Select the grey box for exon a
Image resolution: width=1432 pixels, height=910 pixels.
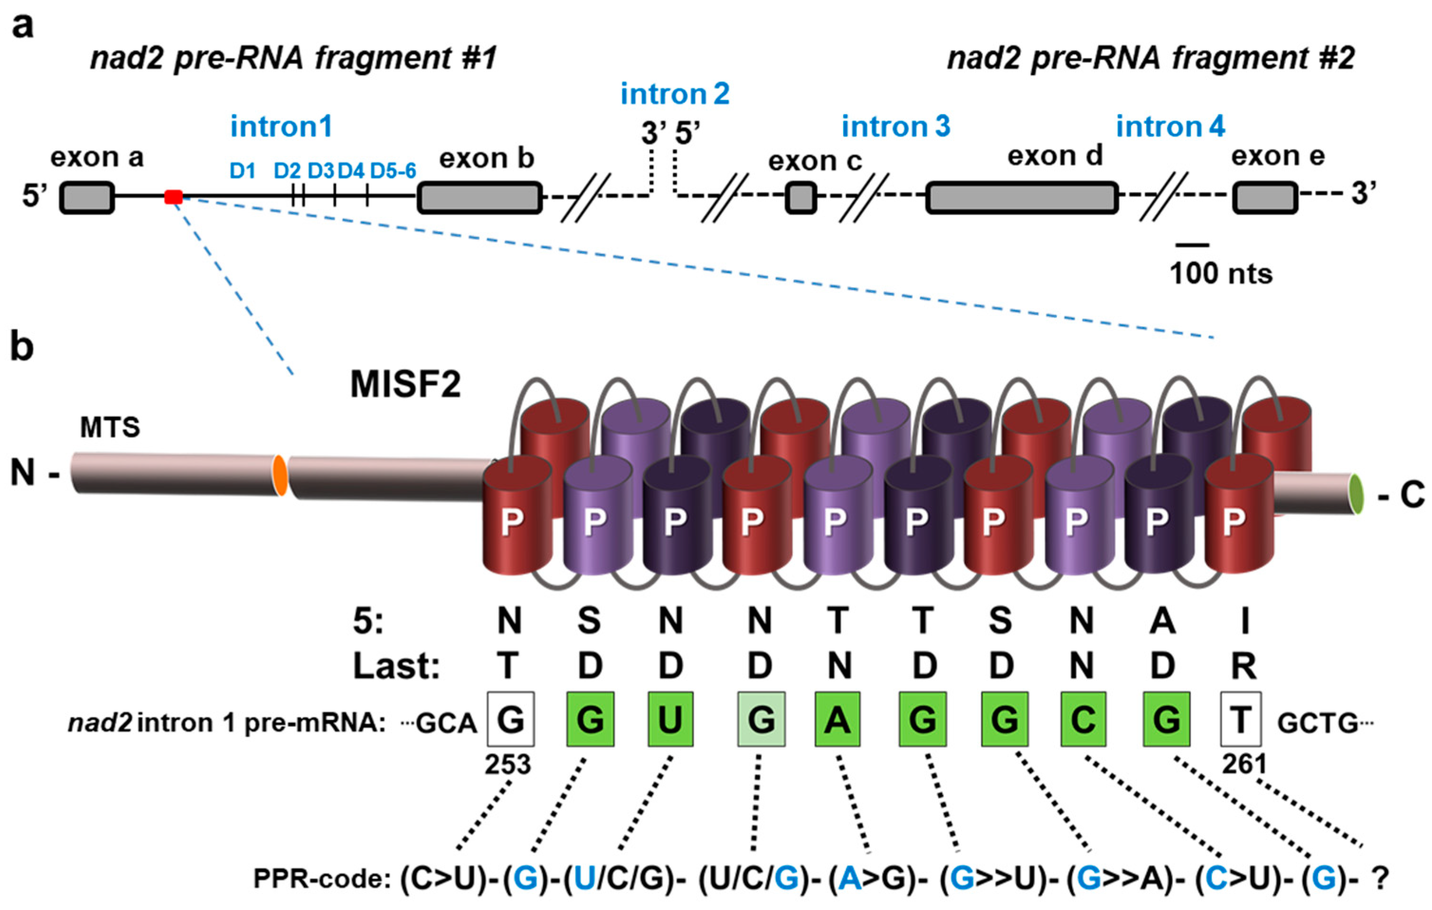click(87, 198)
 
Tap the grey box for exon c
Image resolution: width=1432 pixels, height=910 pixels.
click(801, 198)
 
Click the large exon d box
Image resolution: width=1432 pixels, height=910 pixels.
click(1021, 198)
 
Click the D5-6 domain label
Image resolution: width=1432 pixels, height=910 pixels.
click(393, 171)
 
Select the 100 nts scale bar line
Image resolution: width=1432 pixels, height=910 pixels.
click(1192, 245)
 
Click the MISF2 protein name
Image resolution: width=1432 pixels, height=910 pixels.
click(405, 384)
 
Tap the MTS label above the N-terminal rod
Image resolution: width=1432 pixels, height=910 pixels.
click(110, 427)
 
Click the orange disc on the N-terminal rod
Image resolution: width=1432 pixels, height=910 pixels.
click(280, 474)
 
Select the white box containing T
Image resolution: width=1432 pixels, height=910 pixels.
click(1241, 719)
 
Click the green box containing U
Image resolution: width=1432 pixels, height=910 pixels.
click(670, 719)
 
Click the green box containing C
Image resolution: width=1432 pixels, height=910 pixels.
click(1083, 719)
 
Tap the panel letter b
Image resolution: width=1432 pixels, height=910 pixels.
click(21, 346)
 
